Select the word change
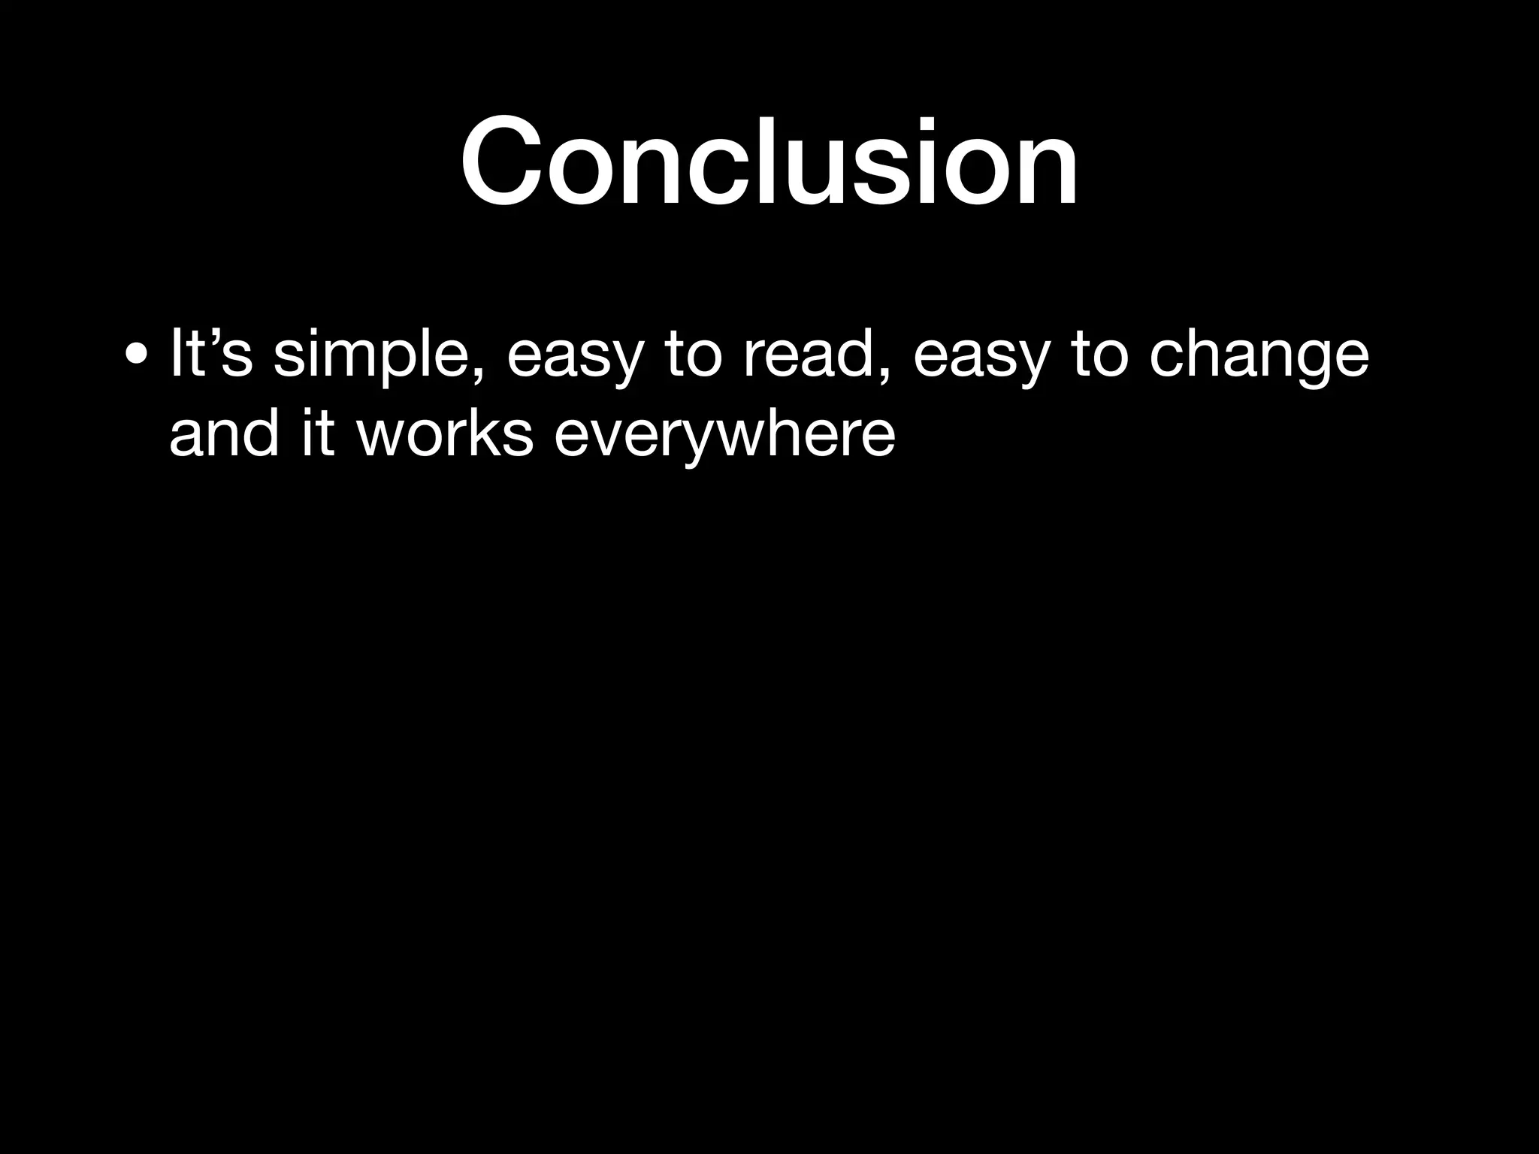click(1259, 355)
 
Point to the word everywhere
click(724, 434)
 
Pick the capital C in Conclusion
click(500, 161)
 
